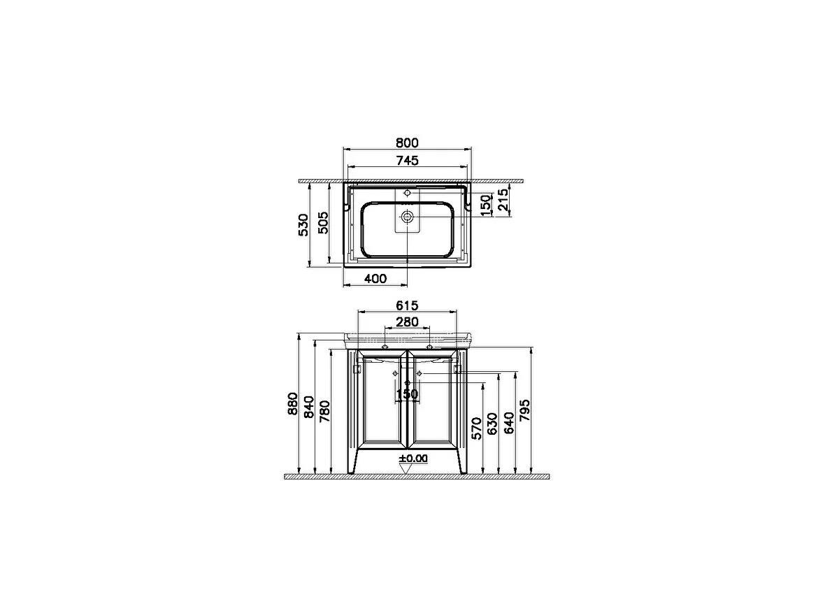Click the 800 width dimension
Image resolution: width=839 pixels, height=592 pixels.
407,143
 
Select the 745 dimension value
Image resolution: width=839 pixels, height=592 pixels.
407,161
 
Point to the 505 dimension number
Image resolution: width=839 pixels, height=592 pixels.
322,224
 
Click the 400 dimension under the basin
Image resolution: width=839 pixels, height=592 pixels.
375,279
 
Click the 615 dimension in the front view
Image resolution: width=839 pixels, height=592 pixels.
407,305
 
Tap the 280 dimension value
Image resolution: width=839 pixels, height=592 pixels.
407,322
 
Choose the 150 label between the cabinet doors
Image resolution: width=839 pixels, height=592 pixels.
407,394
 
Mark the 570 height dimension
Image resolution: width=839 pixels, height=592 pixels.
476,428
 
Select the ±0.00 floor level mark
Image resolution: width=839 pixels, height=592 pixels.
413,459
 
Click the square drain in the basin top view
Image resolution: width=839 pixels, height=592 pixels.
407,219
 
